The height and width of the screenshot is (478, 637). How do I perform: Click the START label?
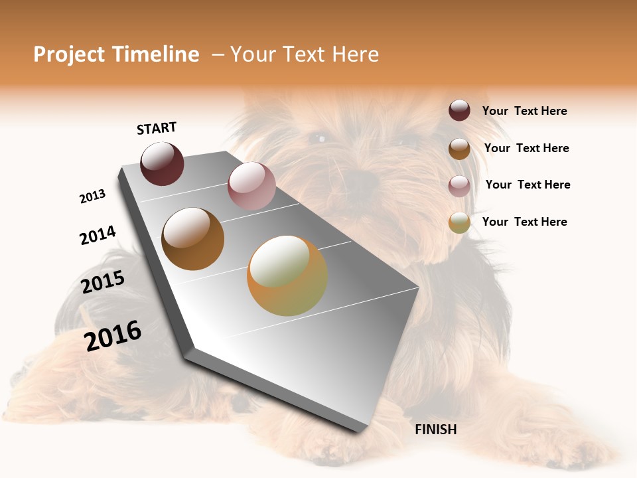pos(157,128)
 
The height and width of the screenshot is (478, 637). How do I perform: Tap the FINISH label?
pos(435,430)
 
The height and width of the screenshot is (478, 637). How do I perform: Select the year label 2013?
pos(92,197)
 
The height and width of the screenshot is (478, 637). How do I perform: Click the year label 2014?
pos(98,235)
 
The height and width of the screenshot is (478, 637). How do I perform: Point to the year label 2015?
pos(103,282)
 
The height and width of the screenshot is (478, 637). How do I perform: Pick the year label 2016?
pos(113,336)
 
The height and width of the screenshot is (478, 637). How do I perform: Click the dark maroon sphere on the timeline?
pos(162,164)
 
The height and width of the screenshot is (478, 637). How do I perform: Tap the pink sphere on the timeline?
pos(251,186)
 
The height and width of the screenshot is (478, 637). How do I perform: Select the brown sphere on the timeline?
pos(192,239)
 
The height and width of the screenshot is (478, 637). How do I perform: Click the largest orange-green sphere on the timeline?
pos(287,276)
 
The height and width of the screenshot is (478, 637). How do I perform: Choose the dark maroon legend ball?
pos(459,111)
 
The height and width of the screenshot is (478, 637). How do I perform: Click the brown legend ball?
pos(459,149)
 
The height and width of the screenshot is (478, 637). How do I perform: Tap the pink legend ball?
pos(459,186)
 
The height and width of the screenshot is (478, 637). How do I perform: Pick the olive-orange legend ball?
pos(459,222)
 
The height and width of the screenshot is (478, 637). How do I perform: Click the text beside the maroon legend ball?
pos(524,112)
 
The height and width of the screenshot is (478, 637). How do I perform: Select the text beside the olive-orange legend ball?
pos(524,222)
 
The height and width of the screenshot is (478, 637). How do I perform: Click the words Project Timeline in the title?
pos(116,54)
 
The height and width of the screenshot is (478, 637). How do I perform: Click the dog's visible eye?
pos(319,138)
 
